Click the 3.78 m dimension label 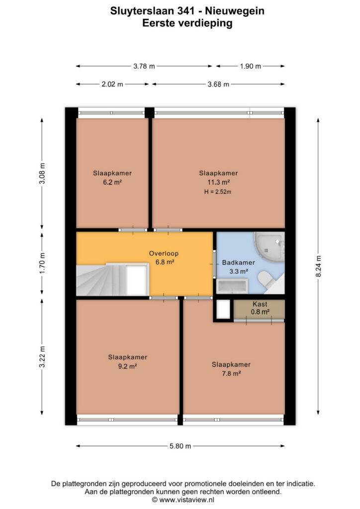(144, 66)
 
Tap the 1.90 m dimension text (250, 66)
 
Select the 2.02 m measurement (112, 84)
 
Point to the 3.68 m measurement (218, 85)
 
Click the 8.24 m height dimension (318, 266)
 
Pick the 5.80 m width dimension (180, 446)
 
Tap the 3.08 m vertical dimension (42, 173)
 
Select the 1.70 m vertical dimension (42, 262)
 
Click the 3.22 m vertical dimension (42, 357)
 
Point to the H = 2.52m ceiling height (217, 192)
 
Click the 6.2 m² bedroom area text (112, 182)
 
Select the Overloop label (164, 254)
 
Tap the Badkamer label (238, 262)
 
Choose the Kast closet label (260, 304)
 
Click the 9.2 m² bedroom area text (127, 366)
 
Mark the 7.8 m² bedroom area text (231, 374)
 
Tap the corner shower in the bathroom (270, 247)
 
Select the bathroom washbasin (232, 286)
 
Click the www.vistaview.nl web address (186, 500)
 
